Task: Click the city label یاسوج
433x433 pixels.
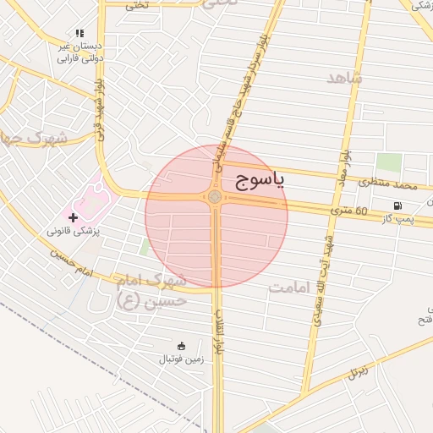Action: point(258,179)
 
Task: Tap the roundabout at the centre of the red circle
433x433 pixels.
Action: point(215,197)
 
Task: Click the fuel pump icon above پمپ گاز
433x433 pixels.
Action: point(397,206)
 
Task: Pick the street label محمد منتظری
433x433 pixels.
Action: point(387,184)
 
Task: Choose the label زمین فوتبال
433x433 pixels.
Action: point(181,359)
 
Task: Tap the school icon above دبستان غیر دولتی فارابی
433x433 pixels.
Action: point(79,33)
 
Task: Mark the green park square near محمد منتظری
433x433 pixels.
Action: point(388,163)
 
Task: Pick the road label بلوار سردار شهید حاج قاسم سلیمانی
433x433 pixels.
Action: point(242,93)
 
